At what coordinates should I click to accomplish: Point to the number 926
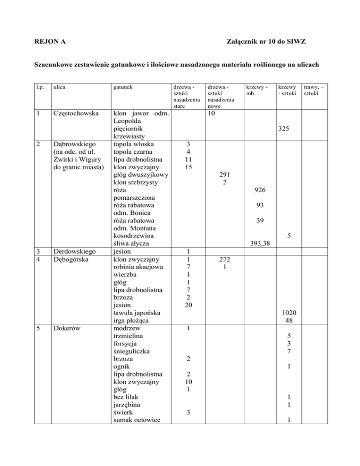pyautogui.click(x=259, y=191)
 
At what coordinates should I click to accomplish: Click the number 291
pyautogui.click(x=225, y=174)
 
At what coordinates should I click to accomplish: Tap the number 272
pyautogui.click(x=225, y=259)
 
